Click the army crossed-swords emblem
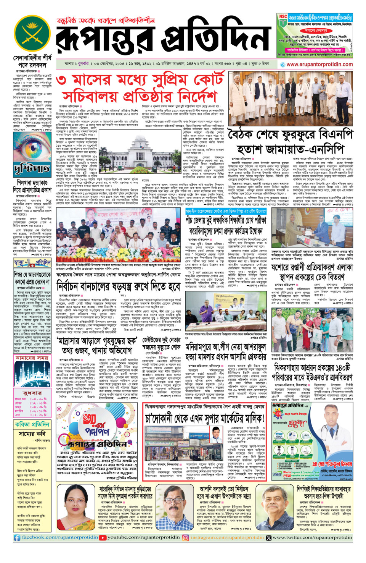[x=32, y=33]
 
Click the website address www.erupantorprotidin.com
[x=319, y=65]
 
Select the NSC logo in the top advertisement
[x=283, y=17]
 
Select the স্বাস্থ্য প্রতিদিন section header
[x=32, y=263]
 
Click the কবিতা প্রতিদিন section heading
[x=32, y=424]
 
